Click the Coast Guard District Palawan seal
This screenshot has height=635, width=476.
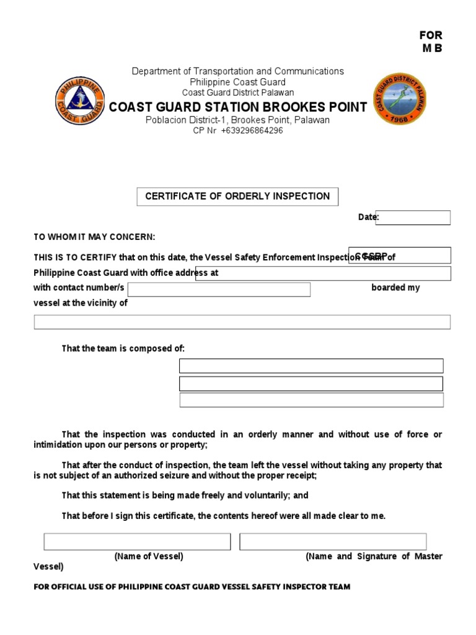400,100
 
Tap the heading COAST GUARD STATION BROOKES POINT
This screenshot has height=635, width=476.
238,107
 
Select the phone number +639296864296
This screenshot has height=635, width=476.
252,131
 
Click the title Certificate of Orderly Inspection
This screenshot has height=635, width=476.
237,197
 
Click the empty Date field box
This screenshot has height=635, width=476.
412,218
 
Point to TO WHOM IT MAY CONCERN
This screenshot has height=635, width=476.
94,238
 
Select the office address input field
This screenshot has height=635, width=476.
323,273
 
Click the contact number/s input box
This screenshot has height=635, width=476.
219,290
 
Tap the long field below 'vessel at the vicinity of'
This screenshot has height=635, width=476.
242,322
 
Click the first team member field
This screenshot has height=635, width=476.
311,366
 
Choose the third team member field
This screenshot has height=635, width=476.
311,400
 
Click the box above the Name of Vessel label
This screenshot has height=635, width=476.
137,541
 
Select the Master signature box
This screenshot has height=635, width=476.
333,541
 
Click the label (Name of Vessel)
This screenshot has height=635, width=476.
149,556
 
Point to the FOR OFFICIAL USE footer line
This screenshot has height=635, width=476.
192,587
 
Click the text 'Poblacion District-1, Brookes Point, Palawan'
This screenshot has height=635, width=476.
237,120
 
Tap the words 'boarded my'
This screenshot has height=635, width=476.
395,288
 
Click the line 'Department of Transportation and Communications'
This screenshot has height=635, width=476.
237,71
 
